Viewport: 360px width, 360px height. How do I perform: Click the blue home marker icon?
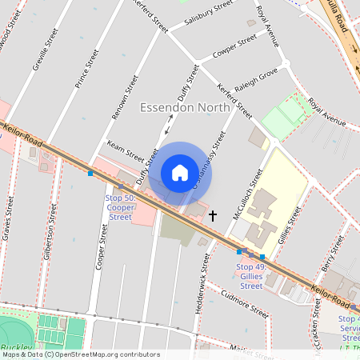point(180,172)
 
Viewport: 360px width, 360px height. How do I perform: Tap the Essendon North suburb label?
point(185,107)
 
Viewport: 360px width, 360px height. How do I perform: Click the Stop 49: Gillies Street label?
point(250,276)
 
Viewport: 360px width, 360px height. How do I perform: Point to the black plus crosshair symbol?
point(213,215)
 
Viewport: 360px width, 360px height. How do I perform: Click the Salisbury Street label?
point(207,16)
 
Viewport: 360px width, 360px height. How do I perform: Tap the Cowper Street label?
point(234,46)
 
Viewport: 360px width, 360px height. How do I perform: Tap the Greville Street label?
point(46,50)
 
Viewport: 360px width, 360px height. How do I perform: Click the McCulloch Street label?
point(248,194)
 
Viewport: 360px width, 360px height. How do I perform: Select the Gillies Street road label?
point(293,226)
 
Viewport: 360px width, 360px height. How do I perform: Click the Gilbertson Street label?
point(51,232)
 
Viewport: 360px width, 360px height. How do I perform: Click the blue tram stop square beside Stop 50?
point(90,173)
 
